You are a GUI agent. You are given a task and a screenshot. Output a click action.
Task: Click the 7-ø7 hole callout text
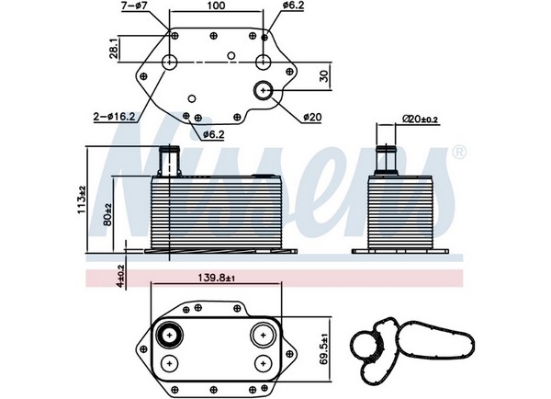click(134, 6)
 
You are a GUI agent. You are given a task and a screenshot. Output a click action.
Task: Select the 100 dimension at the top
click(216, 6)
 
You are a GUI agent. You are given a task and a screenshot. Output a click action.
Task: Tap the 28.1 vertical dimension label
click(114, 49)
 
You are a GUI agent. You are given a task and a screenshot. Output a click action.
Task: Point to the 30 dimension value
click(324, 76)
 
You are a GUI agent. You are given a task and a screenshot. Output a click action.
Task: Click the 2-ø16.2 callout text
click(114, 117)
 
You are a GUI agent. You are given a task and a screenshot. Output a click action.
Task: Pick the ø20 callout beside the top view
click(312, 117)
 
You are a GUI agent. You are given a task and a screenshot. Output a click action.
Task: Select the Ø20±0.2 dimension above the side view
click(421, 119)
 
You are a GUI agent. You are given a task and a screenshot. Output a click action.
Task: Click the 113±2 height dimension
click(82, 199)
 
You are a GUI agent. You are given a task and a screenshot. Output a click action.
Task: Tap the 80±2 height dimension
click(107, 214)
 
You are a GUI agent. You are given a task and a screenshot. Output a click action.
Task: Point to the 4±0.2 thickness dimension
click(120, 276)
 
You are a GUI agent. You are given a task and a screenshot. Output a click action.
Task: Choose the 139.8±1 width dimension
click(216, 278)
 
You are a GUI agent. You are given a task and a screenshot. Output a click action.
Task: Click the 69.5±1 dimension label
click(324, 348)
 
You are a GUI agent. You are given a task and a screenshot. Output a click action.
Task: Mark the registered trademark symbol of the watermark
click(458, 153)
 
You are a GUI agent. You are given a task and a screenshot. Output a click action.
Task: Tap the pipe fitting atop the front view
click(169, 161)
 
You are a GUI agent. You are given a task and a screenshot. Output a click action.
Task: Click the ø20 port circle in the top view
click(264, 90)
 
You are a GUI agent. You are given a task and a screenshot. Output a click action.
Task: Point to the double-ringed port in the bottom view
click(169, 335)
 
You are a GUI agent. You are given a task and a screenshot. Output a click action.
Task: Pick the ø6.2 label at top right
click(293, 6)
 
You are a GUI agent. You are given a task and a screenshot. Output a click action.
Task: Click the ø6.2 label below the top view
click(213, 134)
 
